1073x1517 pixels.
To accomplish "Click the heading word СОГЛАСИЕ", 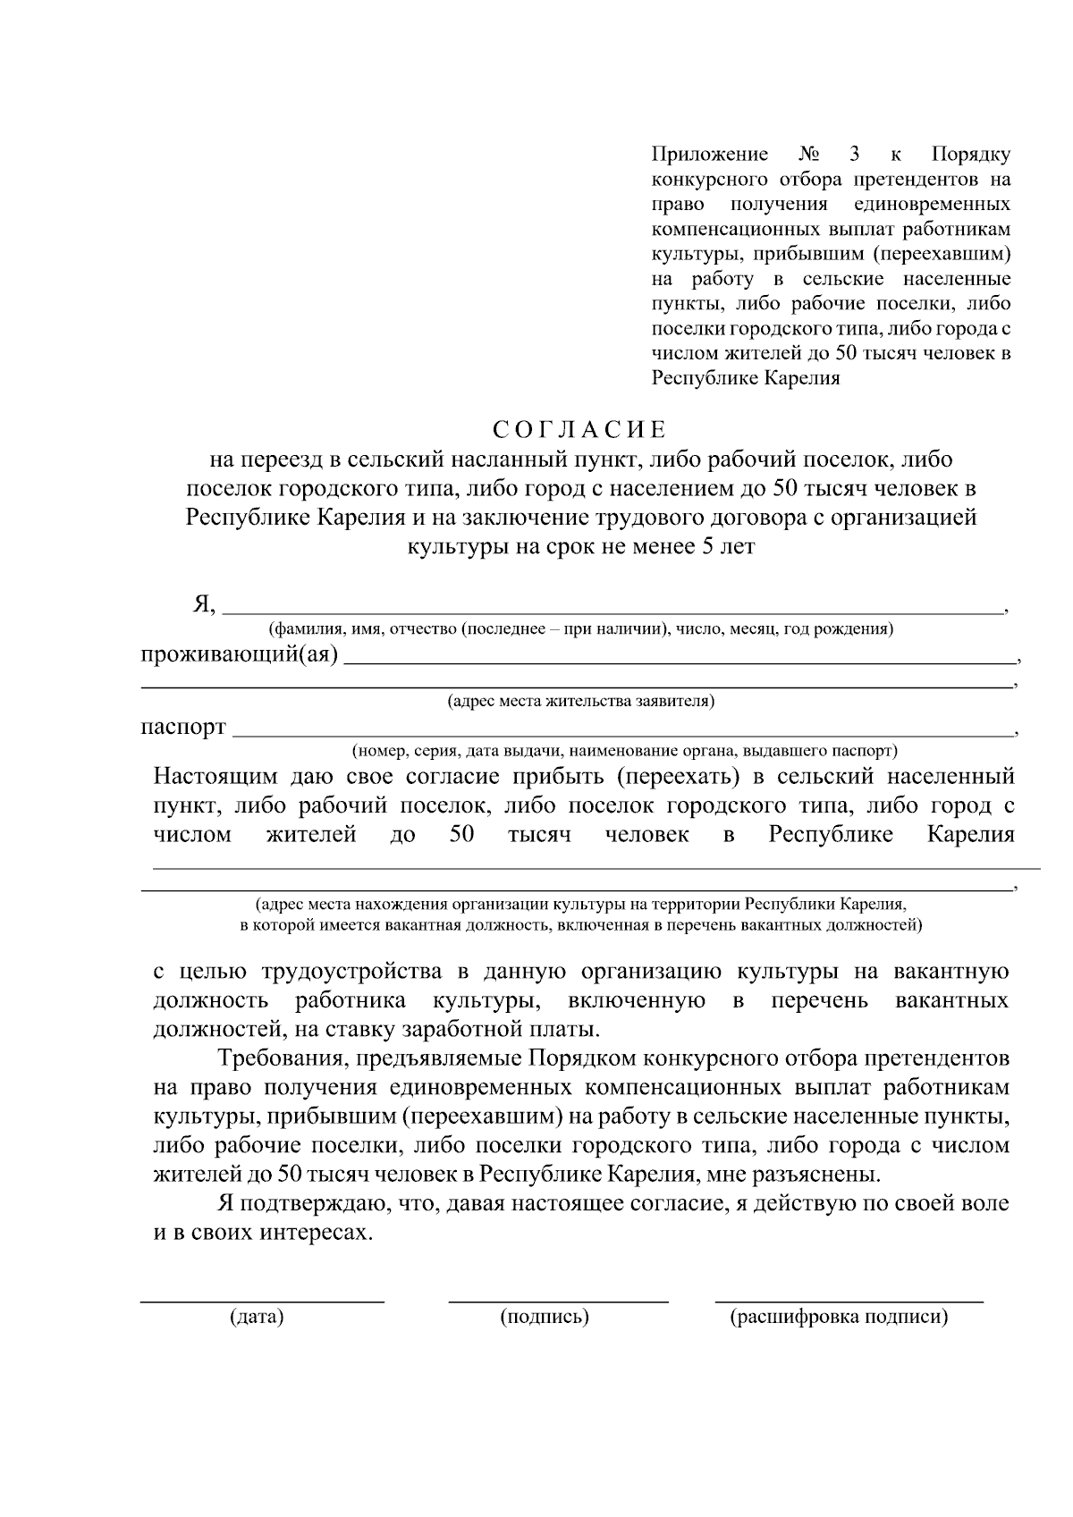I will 580,430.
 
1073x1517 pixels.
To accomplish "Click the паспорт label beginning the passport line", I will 182,727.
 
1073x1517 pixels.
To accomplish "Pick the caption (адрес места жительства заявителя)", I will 580,701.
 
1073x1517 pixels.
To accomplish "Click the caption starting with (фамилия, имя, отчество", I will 581,628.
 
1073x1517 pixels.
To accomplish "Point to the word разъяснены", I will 821,1174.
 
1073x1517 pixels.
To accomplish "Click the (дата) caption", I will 257,1317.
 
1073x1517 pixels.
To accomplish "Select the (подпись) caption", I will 545,1317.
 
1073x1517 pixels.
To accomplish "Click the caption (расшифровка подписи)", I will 839,1317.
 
